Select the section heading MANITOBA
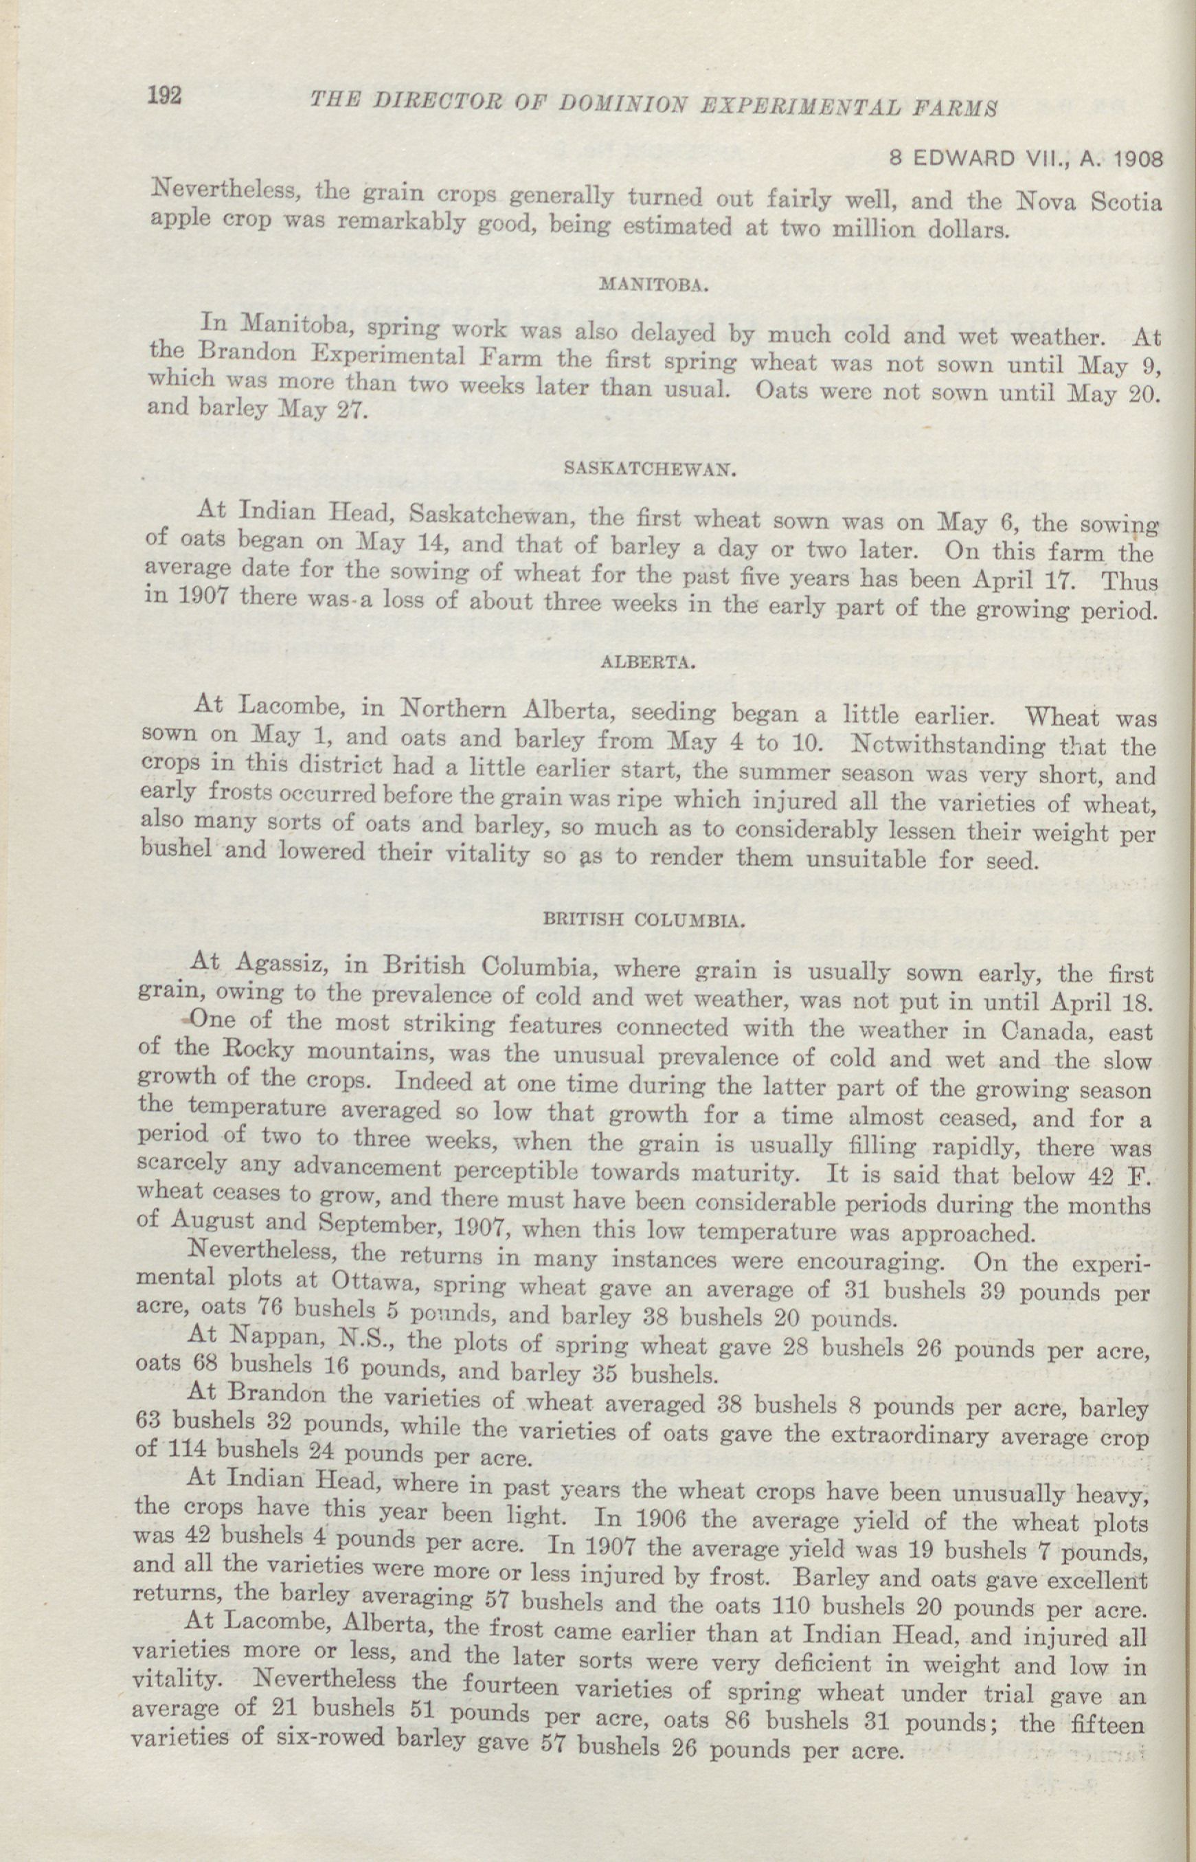(x=653, y=285)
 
